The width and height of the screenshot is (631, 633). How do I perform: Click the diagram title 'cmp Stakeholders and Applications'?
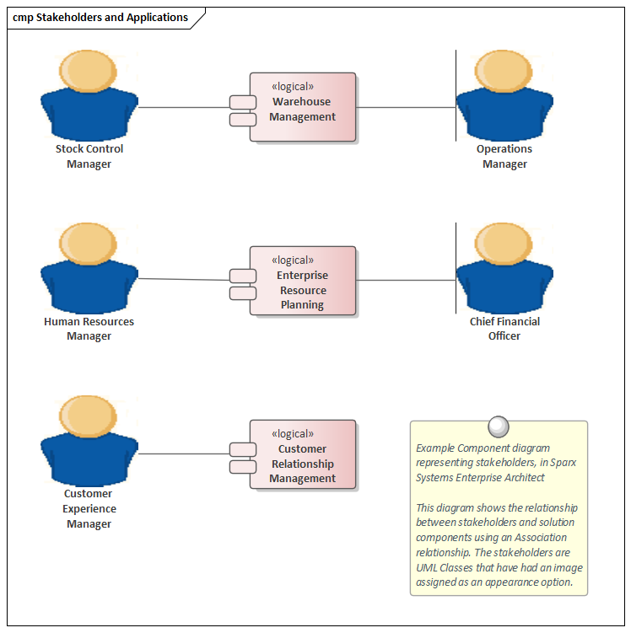100,18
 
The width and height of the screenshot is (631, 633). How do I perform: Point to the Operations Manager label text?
504,157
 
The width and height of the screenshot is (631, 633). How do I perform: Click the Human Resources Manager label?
89,329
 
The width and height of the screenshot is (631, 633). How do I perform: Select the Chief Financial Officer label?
504,329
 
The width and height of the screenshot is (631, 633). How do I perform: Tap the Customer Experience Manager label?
89,508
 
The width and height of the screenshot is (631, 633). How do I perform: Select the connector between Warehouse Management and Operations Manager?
405,108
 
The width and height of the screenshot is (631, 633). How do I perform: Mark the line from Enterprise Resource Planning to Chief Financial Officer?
405,281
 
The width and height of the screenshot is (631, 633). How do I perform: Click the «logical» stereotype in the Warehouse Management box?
293,86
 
